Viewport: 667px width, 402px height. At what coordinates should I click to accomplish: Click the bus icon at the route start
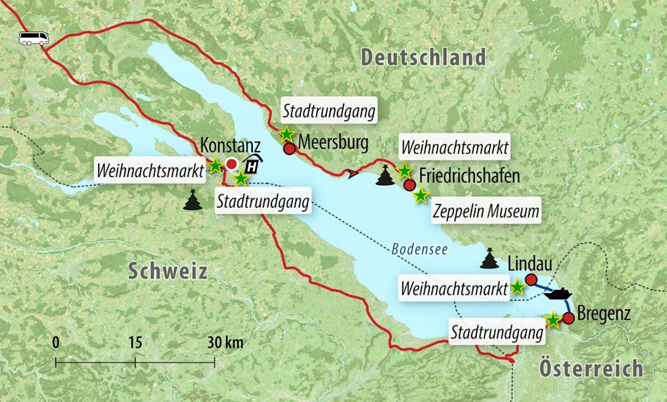click(34, 38)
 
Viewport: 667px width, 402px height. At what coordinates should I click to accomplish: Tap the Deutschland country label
click(423, 57)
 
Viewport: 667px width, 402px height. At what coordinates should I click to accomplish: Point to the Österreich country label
click(591, 368)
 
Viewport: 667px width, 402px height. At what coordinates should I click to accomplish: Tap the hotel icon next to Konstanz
click(253, 164)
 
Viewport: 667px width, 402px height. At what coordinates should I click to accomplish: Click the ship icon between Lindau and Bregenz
click(557, 294)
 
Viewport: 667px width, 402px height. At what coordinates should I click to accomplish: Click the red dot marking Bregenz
click(568, 318)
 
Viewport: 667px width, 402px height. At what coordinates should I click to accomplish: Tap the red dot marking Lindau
click(531, 279)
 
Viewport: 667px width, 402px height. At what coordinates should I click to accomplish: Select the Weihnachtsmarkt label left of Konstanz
click(150, 170)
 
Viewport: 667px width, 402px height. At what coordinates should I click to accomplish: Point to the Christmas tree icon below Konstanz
click(193, 200)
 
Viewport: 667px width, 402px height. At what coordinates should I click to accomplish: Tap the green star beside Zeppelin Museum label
click(420, 196)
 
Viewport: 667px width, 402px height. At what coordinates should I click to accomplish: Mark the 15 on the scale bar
click(135, 343)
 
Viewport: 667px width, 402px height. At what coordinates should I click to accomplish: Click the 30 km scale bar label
click(225, 343)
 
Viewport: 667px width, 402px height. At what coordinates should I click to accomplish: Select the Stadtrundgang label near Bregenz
click(494, 332)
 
